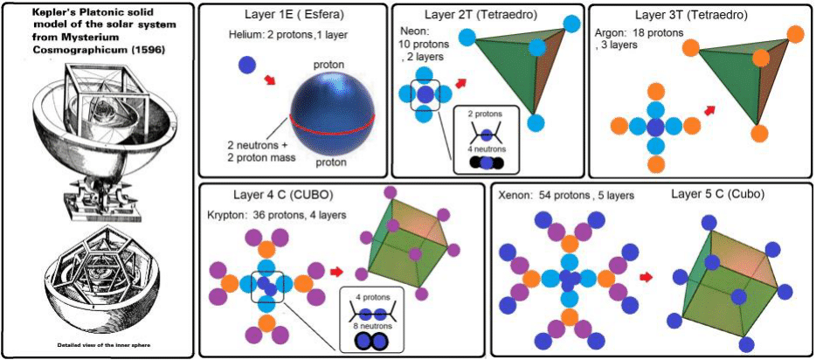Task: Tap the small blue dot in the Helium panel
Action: point(247,64)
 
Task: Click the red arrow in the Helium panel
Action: point(272,81)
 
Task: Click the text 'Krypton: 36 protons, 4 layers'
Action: point(276,214)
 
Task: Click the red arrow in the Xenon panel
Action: point(648,277)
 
